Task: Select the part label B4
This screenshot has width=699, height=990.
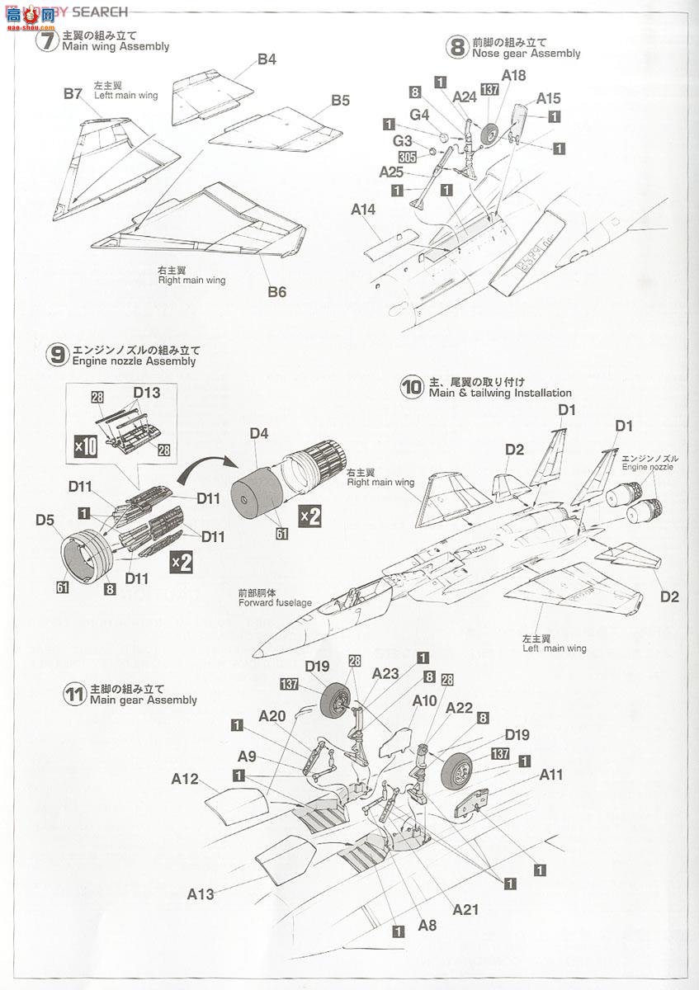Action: pos(266,59)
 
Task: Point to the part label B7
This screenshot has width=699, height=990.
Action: pos(73,94)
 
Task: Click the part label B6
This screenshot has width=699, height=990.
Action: pos(276,291)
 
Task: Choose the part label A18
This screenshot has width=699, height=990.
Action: pos(513,76)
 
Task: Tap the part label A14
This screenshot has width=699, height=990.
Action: pos(363,210)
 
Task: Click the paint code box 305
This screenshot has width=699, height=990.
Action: pos(406,157)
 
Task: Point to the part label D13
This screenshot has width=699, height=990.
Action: pos(146,393)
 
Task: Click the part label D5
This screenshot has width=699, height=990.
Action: pos(45,521)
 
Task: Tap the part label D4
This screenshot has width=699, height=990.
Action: pos(259,433)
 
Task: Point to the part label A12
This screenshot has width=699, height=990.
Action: pos(186,778)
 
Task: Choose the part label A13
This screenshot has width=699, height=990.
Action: pos(201,893)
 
